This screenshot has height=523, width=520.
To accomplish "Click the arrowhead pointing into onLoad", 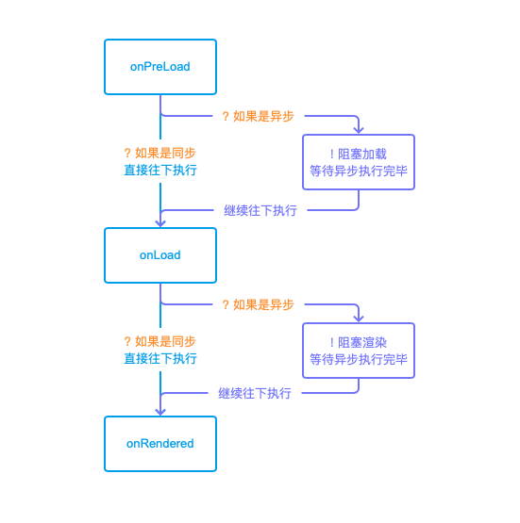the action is click(160, 223).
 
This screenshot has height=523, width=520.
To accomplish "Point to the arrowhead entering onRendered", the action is click(160, 412).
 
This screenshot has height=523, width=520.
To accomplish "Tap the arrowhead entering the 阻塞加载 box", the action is click(359, 130).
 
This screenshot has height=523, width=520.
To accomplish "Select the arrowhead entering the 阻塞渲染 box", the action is click(359, 319).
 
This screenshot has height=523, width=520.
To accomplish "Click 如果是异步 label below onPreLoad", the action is click(263, 116).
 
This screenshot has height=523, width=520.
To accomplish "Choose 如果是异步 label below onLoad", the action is click(263, 304).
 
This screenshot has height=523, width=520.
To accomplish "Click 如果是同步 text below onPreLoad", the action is click(165, 153).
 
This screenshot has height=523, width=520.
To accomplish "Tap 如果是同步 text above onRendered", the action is click(165, 341).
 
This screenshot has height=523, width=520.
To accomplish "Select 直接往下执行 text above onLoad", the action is click(160, 171).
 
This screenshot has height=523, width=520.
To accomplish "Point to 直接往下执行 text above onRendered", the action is click(160, 359).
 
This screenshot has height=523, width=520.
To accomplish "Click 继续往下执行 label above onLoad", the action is click(260, 210).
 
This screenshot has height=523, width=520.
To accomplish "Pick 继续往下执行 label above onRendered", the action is click(255, 393).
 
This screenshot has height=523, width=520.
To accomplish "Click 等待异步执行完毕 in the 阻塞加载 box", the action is click(359, 171).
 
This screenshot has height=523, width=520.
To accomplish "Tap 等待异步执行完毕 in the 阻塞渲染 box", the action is click(359, 359).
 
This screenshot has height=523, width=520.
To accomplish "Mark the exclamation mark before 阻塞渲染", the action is click(331, 343).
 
